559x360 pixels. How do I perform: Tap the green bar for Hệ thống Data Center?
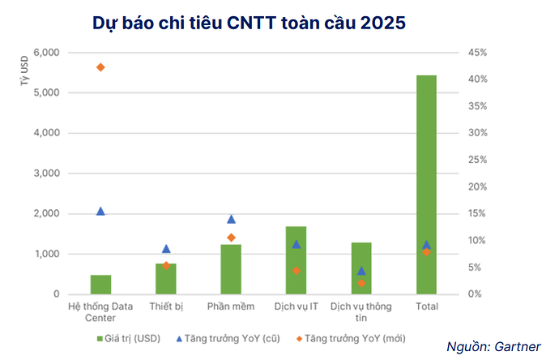pyautogui.click(x=100, y=284)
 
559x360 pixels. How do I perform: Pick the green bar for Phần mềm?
pyautogui.click(x=231, y=268)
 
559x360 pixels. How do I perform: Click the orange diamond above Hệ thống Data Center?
pyautogui.click(x=100, y=66)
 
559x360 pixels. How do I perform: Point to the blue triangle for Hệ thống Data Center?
pyautogui.click(x=100, y=211)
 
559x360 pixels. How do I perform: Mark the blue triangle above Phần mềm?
pyautogui.click(x=231, y=219)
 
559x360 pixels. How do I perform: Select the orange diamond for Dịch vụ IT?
pyautogui.click(x=296, y=270)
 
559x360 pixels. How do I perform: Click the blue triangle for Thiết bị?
pyautogui.click(x=166, y=249)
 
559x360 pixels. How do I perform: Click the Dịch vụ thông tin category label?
pyautogui.click(x=361, y=312)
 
